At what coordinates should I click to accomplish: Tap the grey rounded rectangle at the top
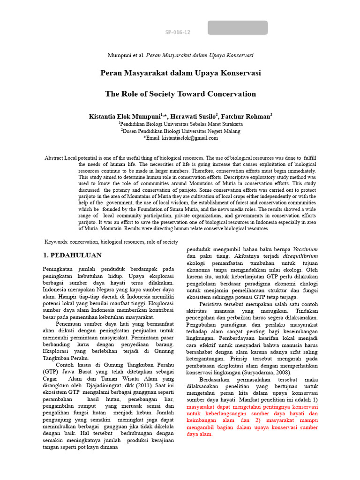coord(237,28)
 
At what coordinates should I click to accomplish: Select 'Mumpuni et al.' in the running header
coord(126,55)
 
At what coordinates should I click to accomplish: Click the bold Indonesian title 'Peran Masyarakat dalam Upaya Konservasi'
coord(180,73)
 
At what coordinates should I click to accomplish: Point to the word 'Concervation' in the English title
coord(233,94)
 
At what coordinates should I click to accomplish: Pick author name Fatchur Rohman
coord(247,116)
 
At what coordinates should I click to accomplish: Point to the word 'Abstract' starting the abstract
coord(54,158)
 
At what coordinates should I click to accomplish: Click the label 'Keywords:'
coord(57,242)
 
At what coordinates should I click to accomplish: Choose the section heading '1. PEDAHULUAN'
coord(72,255)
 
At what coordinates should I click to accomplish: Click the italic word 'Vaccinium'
coord(305,249)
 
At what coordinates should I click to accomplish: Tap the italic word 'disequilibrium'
coord(300,256)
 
